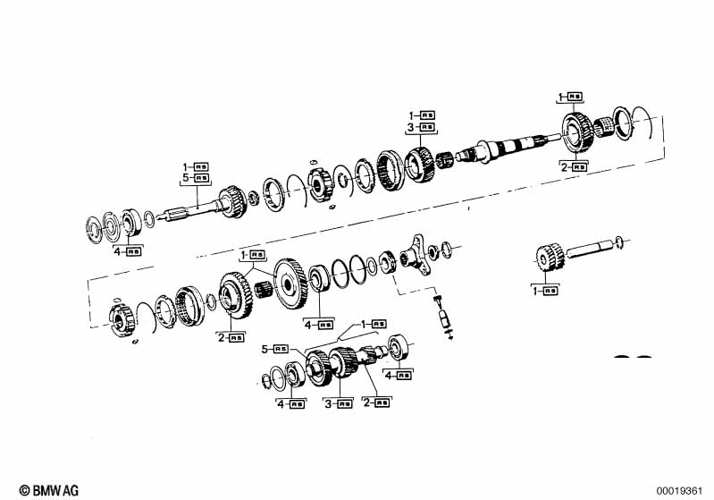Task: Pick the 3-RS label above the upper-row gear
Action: coord(422,128)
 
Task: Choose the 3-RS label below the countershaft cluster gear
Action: coord(339,403)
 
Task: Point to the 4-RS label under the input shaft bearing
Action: coord(128,252)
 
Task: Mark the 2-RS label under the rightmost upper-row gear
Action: coord(574,166)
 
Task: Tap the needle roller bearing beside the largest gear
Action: coord(262,290)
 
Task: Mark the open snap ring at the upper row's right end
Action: coord(646,124)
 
